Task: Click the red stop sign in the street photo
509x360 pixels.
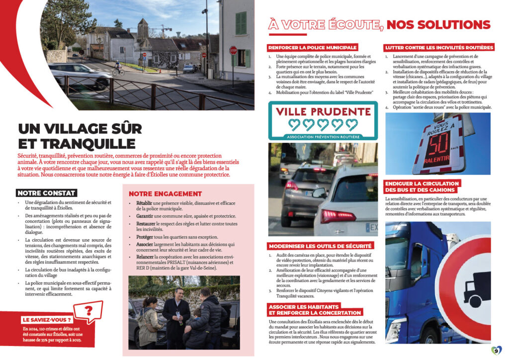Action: pyautogui.click(x=233, y=50)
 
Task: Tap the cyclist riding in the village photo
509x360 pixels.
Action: pyautogui.click(x=117, y=69)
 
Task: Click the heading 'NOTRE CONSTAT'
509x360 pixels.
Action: pyautogui.click(x=46, y=193)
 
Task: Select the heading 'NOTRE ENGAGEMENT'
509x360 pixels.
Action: pyautogui.click(x=165, y=193)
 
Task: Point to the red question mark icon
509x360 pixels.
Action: pyautogui.click(x=89, y=311)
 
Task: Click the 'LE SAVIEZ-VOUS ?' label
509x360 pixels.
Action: pyautogui.click(x=47, y=320)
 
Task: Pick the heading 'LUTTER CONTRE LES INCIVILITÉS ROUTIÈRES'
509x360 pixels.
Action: pyautogui.click(x=439, y=47)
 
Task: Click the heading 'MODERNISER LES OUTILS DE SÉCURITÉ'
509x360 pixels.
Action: pyautogui.click(x=320, y=246)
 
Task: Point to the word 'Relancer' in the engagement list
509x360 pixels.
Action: pyautogui.click(x=145, y=257)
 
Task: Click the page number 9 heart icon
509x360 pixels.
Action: pyautogui.click(x=496, y=350)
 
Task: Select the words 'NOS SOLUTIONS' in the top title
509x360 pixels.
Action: pyautogui.click(x=438, y=24)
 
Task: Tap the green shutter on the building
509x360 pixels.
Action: pyautogui.click(x=241, y=23)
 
